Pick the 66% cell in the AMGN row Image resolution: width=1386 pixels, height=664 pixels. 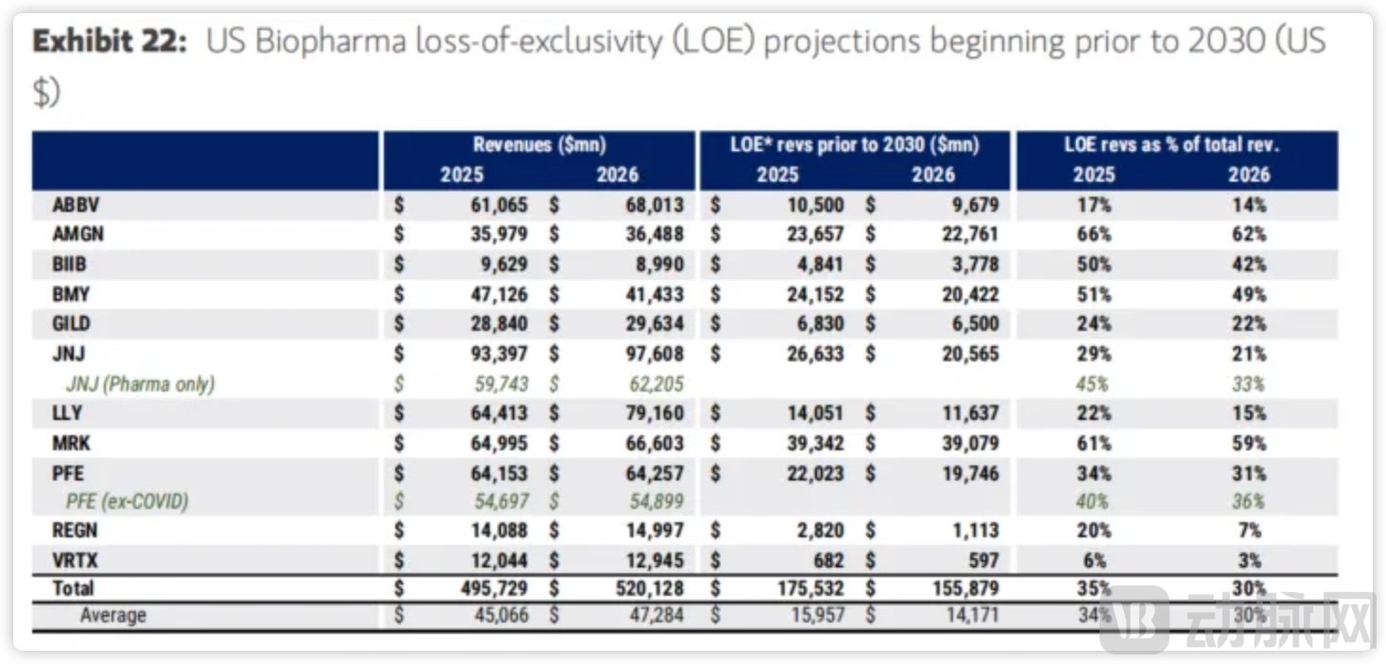pyautogui.click(x=1094, y=235)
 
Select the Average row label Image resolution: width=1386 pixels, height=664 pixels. pyautogui.click(x=113, y=617)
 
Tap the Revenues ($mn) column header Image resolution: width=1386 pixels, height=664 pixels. pyautogui.click(x=539, y=146)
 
